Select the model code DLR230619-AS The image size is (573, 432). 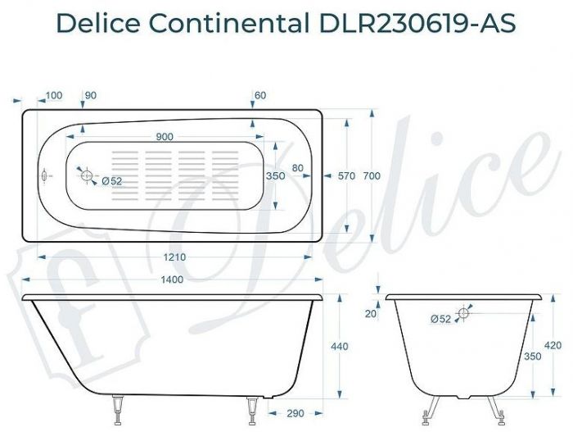[x=413, y=24]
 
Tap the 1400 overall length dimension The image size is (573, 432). [x=171, y=280]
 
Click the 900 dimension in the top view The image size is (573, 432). [x=165, y=136]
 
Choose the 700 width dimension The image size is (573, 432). [x=372, y=175]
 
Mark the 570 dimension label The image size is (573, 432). [x=347, y=175]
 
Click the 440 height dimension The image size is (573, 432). [x=339, y=348]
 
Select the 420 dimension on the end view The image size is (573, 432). [x=553, y=345]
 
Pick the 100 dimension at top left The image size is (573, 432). [x=53, y=96]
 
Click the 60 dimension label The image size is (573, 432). [x=260, y=96]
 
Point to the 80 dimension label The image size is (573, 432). [x=297, y=168]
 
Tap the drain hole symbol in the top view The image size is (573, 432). [x=87, y=175]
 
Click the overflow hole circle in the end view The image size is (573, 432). [x=463, y=313]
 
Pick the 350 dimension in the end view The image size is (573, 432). [x=532, y=357]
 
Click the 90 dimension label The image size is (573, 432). [x=90, y=96]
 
